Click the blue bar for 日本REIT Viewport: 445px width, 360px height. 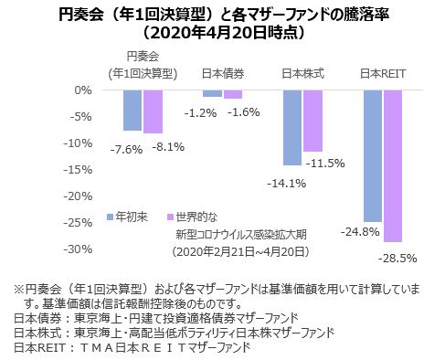point(372,155)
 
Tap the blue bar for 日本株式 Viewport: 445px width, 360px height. point(292,127)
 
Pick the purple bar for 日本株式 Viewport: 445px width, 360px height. point(313,121)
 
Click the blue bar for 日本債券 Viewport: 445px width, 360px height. point(212,93)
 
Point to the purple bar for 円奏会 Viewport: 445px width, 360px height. point(153,111)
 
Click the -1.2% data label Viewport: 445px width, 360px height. point(199,112)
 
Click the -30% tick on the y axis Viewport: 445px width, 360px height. point(80,249)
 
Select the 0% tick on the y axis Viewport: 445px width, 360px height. point(84,90)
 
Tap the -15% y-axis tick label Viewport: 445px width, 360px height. point(80,170)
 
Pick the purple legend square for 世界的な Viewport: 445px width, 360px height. point(168,217)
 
